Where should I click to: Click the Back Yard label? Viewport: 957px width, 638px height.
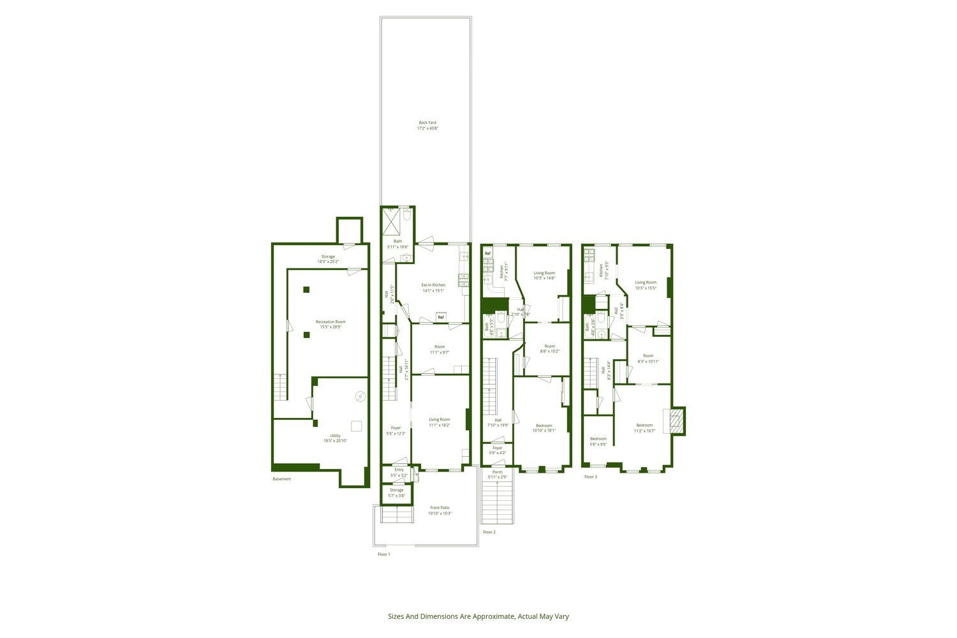[x=427, y=125]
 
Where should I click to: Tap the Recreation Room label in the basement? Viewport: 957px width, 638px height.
[x=330, y=324]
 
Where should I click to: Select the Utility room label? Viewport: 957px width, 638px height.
[x=335, y=438]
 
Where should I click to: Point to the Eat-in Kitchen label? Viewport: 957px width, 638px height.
[x=433, y=288]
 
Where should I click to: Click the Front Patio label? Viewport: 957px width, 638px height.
[x=440, y=510]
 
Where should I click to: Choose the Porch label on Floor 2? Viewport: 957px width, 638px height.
[x=497, y=475]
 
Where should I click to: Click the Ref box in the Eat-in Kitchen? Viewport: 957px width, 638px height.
[x=441, y=317]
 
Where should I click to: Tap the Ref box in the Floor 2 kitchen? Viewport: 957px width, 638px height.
[x=488, y=253]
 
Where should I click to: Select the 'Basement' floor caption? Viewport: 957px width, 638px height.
[x=281, y=479]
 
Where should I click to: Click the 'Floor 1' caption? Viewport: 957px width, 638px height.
[x=383, y=554]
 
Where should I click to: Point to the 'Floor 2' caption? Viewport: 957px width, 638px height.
[x=489, y=532]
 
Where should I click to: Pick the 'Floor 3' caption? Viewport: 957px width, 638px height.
[x=591, y=477]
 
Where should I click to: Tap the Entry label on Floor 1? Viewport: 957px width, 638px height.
[x=399, y=472]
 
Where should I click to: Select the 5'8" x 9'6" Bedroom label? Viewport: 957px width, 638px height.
[x=598, y=441]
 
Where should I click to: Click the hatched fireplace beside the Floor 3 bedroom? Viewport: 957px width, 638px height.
[x=677, y=421]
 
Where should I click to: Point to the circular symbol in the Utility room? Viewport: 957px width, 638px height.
[x=360, y=396]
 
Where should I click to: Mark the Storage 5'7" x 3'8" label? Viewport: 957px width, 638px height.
[x=396, y=493]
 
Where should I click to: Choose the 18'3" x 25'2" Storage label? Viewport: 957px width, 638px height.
[x=328, y=259]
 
